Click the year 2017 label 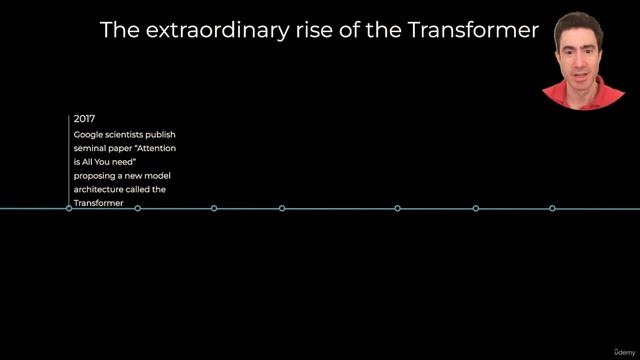[x=84, y=119]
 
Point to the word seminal [x=89, y=148]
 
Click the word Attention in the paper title [x=158, y=148]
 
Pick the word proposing [x=95, y=175]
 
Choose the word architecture [x=99, y=189]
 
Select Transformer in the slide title [x=474, y=30]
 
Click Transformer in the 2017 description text [x=98, y=203]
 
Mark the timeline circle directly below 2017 [x=69, y=208]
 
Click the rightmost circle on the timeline [x=552, y=208]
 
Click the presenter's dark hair [x=581, y=22]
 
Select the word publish [x=162, y=134]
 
